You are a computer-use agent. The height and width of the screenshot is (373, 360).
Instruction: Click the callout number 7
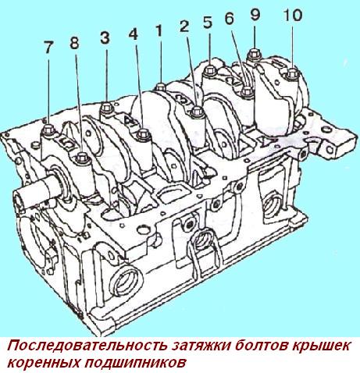[48, 48]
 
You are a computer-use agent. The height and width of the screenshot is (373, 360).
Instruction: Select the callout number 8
[74, 42]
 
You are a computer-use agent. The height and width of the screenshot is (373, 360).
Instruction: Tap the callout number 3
[105, 37]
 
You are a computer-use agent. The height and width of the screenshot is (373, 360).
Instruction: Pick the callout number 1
[159, 30]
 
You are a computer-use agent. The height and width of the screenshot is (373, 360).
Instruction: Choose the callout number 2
[184, 26]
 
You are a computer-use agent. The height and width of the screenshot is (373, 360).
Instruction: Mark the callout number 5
[208, 23]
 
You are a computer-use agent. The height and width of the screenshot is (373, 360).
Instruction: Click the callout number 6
[230, 19]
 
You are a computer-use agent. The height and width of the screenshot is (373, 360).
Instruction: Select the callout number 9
[255, 15]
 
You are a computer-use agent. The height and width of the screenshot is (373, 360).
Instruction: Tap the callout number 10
[292, 16]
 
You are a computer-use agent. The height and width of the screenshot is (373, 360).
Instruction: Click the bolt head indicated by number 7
[48, 130]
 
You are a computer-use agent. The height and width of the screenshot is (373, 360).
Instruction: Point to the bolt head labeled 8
[81, 157]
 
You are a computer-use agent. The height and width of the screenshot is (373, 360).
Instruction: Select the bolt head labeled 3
[106, 108]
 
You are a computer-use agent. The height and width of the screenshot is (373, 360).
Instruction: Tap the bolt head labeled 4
[143, 134]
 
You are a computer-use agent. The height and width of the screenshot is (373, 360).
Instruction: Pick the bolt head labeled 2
[197, 112]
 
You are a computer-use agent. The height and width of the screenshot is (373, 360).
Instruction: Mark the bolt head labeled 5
[209, 70]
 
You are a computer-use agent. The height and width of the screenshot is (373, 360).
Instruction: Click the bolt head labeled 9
[254, 54]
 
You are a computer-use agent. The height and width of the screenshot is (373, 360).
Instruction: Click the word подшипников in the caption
[136, 362]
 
